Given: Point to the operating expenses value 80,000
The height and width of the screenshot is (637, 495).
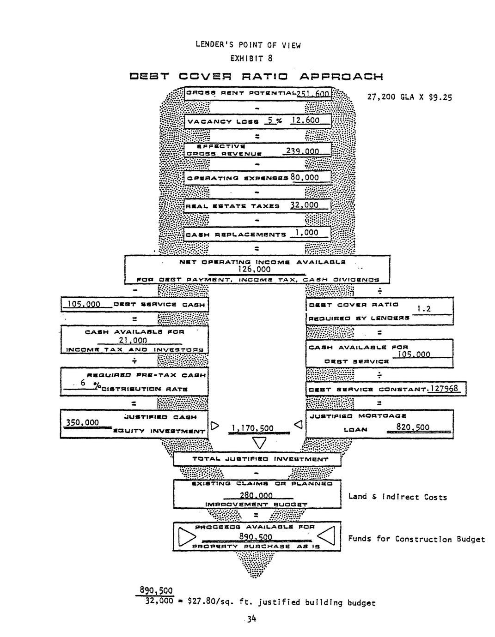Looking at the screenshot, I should click(305, 178).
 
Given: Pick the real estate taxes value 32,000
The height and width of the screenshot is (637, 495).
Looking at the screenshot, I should click(304, 205).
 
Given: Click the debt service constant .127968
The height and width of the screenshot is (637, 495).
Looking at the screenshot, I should click(442, 389).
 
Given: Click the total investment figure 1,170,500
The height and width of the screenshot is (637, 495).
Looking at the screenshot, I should click(252, 429).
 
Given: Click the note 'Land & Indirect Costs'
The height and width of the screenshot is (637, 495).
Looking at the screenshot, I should click(397, 497).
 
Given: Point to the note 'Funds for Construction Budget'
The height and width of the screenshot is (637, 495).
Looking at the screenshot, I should click(416, 539).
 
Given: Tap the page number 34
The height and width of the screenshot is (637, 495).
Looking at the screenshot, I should click(251, 619).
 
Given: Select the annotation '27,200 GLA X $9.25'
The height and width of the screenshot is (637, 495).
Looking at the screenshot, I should click(409, 97).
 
